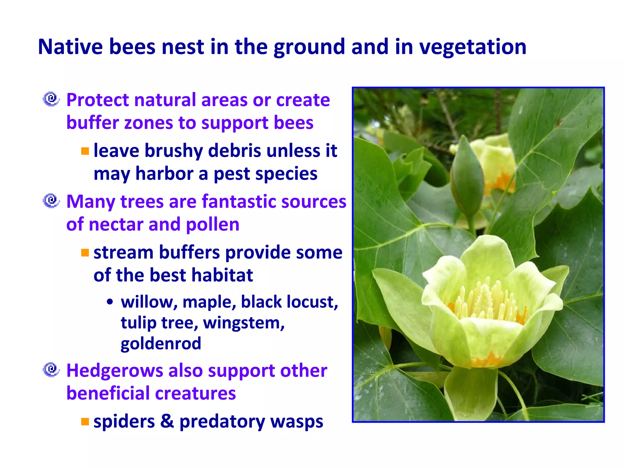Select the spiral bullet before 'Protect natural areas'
pos(51,99)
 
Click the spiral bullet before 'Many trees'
pos(51,201)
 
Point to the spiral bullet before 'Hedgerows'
pos(51,370)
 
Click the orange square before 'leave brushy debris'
pos(85,151)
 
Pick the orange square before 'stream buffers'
pos(85,253)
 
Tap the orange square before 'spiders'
pos(85,422)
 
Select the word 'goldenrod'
pos(161,343)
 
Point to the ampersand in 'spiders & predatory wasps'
pos(167,421)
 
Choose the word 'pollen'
pos(212,225)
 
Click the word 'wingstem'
pos(243,323)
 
